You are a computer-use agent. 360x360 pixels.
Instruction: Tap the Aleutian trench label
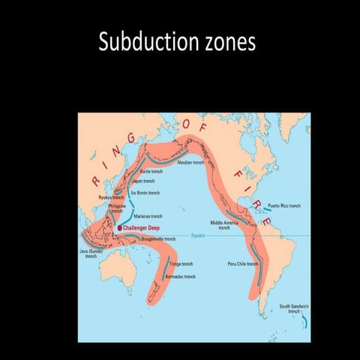(189, 162)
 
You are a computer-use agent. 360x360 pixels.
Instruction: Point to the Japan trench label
(143, 180)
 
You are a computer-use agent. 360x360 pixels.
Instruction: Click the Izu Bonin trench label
(145, 193)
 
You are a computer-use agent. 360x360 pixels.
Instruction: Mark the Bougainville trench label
(158, 239)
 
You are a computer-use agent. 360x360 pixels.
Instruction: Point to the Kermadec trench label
(180, 277)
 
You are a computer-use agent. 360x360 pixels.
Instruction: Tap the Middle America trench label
(224, 225)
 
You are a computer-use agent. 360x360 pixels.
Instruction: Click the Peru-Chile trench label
(242, 264)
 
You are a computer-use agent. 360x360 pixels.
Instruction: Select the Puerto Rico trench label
(284, 205)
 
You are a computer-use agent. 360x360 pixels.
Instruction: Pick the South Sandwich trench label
(294, 308)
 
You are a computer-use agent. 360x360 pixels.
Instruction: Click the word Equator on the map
(199, 235)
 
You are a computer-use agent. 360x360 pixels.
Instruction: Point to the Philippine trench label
(116, 208)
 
